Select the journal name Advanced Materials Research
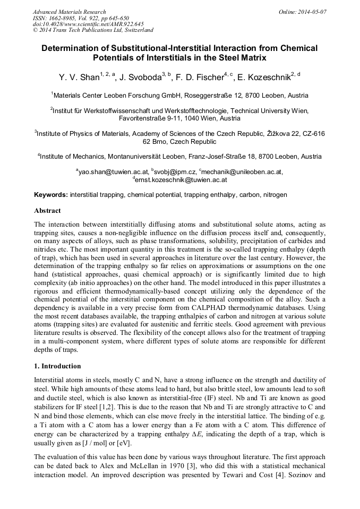point(69,11)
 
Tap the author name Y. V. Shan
point(79,78)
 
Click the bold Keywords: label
point(50,195)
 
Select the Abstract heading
point(47,211)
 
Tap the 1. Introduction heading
point(57,366)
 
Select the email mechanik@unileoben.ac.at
point(242,171)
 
